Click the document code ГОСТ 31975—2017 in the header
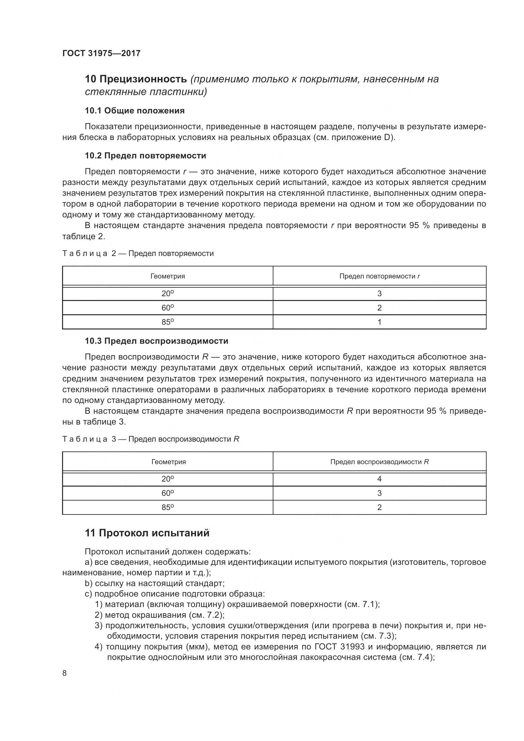(x=101, y=53)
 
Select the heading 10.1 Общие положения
(x=135, y=111)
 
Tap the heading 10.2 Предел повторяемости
(x=145, y=156)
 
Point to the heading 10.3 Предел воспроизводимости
(x=156, y=341)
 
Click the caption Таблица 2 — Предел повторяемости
(x=138, y=253)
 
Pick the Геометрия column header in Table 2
(x=168, y=276)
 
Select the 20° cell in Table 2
(x=168, y=294)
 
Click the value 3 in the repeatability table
(x=379, y=294)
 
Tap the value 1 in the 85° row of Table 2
(x=379, y=322)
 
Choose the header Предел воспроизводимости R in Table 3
(x=379, y=462)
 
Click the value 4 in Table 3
(x=379, y=479)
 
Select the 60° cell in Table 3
(x=168, y=493)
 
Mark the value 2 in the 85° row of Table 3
(x=379, y=507)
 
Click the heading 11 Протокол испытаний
(x=147, y=533)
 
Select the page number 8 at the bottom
(x=65, y=673)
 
